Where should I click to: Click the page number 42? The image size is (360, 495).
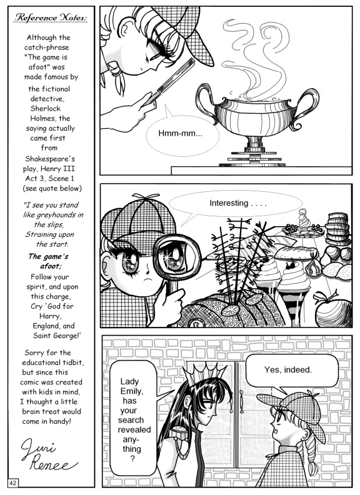click(x=13, y=482)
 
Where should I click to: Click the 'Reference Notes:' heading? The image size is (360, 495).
click(x=51, y=17)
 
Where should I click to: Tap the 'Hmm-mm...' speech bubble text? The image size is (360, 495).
click(x=181, y=133)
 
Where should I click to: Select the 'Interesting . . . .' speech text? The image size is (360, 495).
click(x=238, y=203)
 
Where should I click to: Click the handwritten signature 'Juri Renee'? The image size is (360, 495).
click(x=47, y=454)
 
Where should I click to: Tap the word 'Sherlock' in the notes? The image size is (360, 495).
click(x=46, y=108)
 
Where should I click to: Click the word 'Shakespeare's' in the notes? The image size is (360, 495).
click(x=50, y=159)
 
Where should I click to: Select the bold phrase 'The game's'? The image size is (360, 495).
click(x=48, y=256)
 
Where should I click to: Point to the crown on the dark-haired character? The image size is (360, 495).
click(x=205, y=372)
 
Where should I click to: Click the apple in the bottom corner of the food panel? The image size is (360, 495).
click(x=333, y=311)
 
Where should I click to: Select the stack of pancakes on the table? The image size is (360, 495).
click(x=338, y=229)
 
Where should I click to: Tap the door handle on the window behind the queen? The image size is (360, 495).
click(x=241, y=401)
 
